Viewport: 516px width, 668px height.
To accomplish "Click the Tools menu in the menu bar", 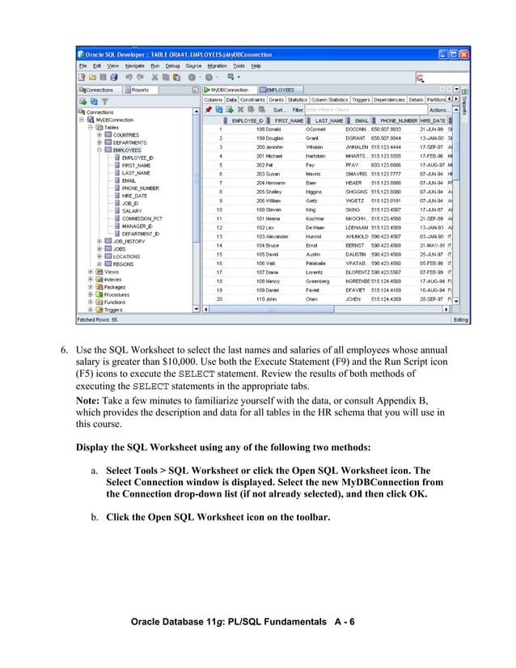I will click(x=239, y=66).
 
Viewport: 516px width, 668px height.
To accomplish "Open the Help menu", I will click(x=256, y=66).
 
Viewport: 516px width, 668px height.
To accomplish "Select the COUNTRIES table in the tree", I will click(x=125, y=135).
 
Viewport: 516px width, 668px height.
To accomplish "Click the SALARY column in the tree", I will click(x=132, y=210).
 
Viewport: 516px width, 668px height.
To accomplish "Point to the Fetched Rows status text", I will click(x=96, y=319).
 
